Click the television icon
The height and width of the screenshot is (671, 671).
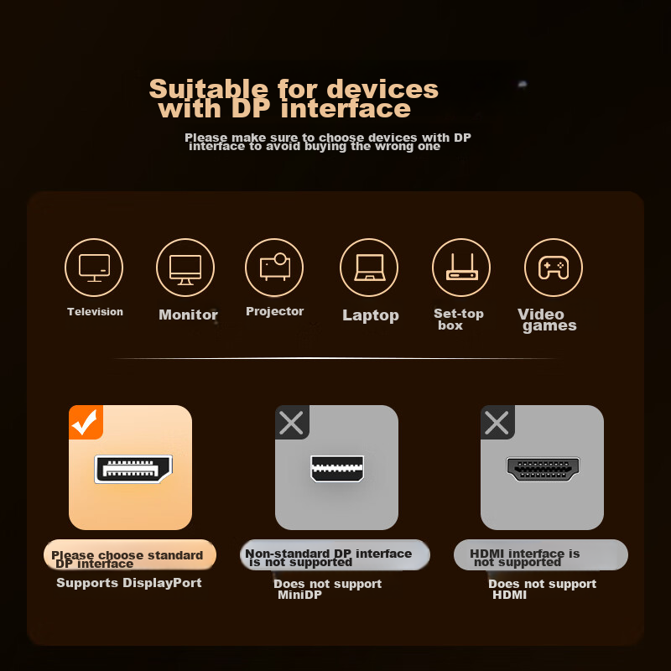tap(94, 268)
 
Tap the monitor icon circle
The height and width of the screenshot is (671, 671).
tap(185, 268)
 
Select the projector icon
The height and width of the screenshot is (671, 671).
tap(274, 267)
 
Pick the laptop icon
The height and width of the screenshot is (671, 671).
tap(369, 268)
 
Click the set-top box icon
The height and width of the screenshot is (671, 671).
tap(461, 268)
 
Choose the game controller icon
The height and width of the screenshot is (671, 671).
tap(553, 268)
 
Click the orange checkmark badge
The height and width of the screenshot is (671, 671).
tap(86, 422)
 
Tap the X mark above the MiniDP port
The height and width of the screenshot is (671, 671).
tap(292, 422)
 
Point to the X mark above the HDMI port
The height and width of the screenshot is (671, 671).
tap(497, 422)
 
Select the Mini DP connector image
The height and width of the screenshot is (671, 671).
tap(337, 468)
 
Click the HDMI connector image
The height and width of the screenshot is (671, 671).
tap(543, 469)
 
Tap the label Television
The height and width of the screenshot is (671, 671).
tap(95, 312)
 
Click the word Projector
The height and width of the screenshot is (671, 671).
tap(274, 312)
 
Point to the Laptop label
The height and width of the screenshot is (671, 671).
tap(370, 315)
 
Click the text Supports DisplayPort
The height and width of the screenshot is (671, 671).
tap(129, 583)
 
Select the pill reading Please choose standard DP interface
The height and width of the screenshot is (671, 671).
tap(130, 555)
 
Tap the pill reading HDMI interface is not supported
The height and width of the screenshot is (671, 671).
tap(541, 555)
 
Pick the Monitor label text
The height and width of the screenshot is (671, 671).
tap(188, 315)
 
